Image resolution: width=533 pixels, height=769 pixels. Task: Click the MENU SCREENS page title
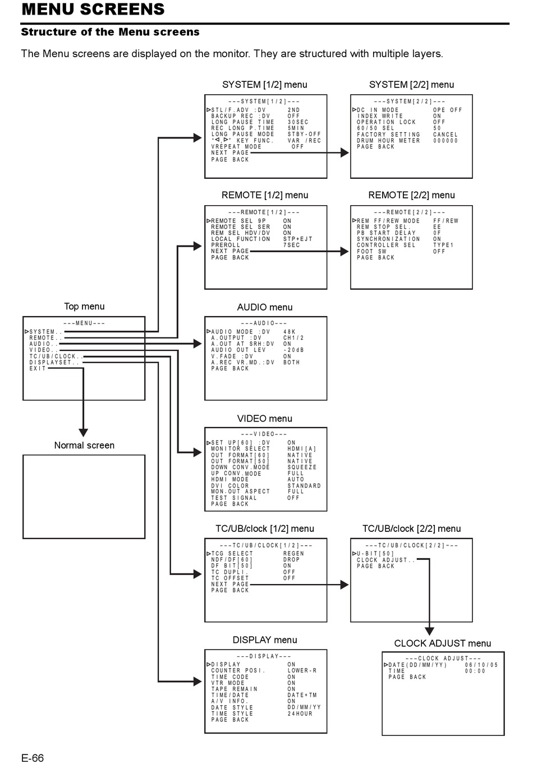93,10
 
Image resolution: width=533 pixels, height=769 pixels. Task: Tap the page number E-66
33,758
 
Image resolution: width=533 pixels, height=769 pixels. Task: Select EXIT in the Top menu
38,369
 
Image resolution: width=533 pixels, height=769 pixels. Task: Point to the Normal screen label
84,445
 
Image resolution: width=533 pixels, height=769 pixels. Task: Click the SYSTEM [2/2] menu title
411,85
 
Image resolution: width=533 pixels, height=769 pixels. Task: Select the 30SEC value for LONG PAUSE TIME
298,122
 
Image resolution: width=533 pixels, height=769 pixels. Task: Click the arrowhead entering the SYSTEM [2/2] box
344,153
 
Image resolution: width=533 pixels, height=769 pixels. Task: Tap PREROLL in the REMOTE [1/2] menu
226,245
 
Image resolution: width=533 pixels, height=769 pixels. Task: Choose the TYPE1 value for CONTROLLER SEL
443,245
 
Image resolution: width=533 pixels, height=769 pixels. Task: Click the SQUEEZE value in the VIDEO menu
302,467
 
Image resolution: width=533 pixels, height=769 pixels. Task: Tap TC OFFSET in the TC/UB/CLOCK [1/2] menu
230,578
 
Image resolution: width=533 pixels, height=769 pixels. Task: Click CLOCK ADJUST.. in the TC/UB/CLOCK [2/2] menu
386,560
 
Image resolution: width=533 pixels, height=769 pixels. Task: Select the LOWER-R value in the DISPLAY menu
302,670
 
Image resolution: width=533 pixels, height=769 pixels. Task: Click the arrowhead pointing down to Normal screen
84,433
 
